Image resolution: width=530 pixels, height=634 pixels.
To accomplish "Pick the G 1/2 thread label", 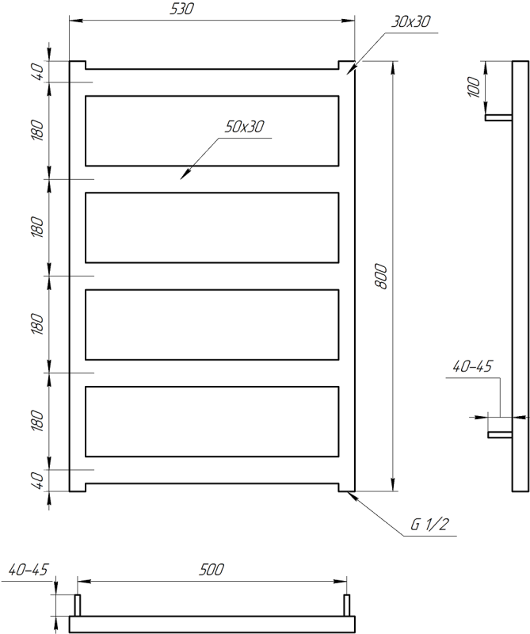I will tap(429, 524).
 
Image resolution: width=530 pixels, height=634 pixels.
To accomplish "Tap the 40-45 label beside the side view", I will tap(472, 366).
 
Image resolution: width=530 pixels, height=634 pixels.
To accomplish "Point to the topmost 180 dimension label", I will tap(36, 129).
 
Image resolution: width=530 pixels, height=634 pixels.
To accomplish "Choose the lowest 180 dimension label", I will tap(36, 420).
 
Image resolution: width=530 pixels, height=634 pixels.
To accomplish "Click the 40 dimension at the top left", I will tap(36, 71).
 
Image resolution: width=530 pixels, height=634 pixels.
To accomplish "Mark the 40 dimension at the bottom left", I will tap(36, 479).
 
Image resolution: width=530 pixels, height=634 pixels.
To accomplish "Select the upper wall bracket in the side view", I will tap(498, 118).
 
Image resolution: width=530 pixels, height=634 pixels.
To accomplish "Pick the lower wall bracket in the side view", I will tap(498, 434).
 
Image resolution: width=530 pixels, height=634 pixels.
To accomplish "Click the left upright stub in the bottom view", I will tap(78, 604).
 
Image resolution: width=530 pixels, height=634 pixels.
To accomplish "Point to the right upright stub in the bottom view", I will tap(346, 604).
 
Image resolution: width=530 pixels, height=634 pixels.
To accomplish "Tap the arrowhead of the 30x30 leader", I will tap(349, 71).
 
